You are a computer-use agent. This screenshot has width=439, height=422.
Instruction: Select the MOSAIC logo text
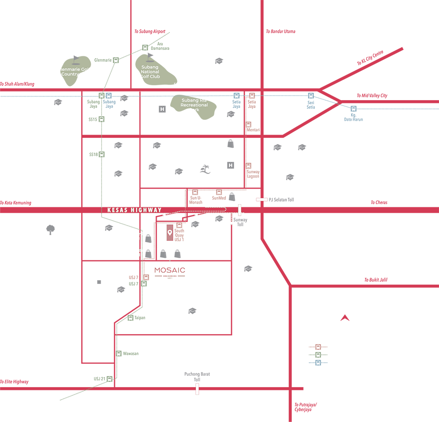pos(170,271)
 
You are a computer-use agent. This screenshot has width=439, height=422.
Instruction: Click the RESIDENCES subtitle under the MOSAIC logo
pos(170,277)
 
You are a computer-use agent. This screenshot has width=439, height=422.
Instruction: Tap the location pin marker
pos(170,233)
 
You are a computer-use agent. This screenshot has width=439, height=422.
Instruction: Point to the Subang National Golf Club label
pos(150,72)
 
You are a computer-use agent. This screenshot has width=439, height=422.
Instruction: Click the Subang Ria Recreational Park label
pos(194,105)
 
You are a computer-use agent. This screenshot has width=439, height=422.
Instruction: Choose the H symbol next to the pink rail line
pos(230,165)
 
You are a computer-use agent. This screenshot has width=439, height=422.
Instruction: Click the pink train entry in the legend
pos(314,346)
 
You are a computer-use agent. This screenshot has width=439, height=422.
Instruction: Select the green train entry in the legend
pos(314,355)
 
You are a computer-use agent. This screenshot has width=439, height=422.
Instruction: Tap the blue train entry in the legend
pos(314,363)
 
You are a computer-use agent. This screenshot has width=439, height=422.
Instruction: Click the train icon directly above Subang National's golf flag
pos(145,48)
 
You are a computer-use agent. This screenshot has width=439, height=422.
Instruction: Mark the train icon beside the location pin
pos(179,225)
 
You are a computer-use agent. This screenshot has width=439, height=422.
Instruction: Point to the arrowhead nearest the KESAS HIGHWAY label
pos(166,213)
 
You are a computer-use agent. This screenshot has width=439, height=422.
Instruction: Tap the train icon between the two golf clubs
pos(115,60)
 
